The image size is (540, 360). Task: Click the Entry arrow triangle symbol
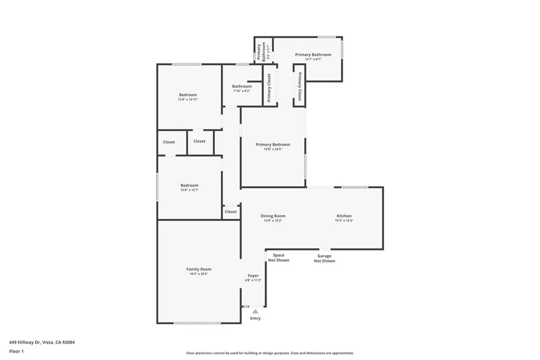255,312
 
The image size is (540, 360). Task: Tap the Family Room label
198,269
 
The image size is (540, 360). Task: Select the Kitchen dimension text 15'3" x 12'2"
344,221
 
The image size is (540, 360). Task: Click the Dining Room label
273,216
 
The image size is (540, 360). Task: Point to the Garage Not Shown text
324,258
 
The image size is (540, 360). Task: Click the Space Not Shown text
278,258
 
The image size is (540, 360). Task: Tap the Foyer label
253,276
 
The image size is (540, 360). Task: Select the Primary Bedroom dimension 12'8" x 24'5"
273,149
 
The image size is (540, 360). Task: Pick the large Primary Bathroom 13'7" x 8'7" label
313,55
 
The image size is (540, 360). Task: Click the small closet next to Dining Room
230,212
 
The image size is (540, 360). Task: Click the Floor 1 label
16,351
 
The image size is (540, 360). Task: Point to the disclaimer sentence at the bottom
269,353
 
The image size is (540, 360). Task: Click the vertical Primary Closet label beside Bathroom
269,87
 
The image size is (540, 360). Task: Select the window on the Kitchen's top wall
354,187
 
